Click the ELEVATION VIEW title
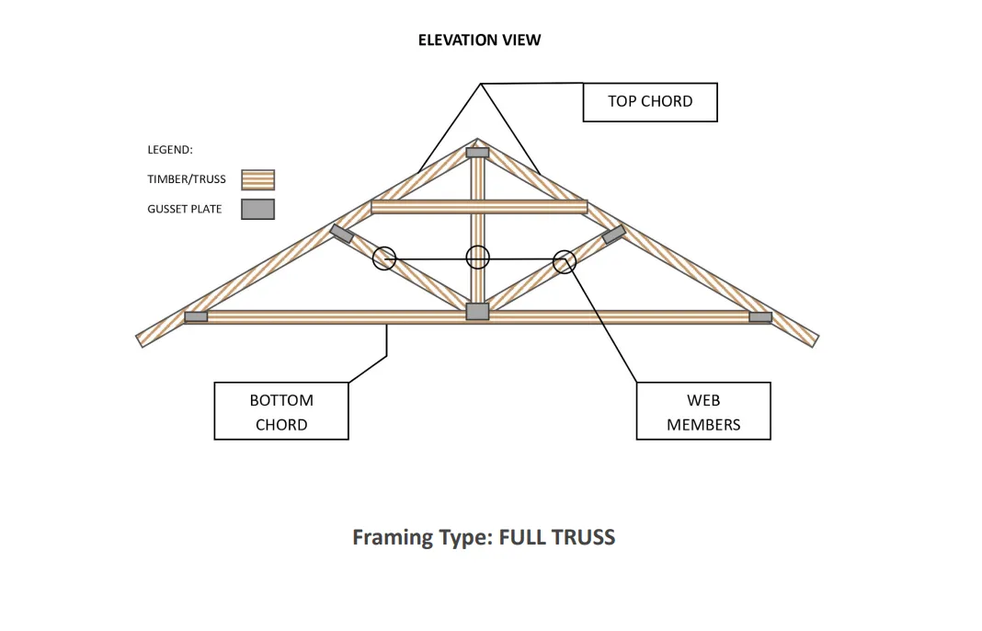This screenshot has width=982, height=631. click(479, 40)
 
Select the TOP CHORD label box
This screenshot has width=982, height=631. click(650, 102)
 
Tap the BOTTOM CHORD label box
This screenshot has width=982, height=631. click(281, 412)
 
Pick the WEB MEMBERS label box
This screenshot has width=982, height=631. click(703, 412)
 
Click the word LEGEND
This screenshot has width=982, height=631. click(170, 150)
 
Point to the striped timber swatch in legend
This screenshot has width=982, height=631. click(258, 179)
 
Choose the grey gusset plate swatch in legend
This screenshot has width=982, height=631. click(258, 209)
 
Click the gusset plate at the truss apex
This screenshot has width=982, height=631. click(477, 152)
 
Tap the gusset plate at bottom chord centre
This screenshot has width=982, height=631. click(477, 312)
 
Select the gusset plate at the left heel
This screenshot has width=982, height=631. click(196, 316)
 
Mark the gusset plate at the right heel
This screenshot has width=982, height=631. click(760, 316)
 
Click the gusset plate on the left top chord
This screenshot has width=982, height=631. click(342, 234)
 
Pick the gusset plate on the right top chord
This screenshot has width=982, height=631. click(613, 234)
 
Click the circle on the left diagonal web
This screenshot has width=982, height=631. click(384, 258)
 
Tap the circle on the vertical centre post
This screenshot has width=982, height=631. click(478, 258)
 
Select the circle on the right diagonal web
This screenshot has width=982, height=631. click(565, 261)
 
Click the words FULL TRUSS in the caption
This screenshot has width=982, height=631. click(556, 537)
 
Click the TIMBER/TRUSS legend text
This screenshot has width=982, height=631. click(187, 179)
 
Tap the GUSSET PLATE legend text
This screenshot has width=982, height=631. click(185, 209)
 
